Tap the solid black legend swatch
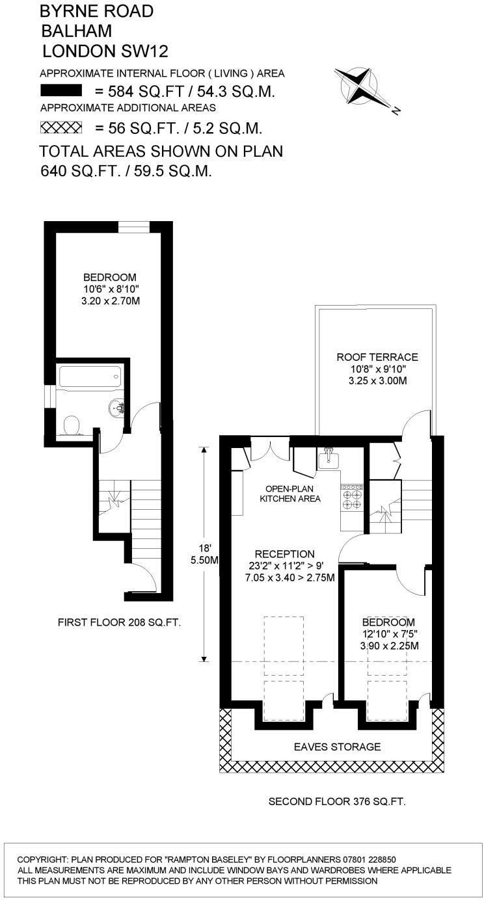tap(60, 90)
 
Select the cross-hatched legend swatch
tap(60, 127)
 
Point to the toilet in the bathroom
tap(72, 426)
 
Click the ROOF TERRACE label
tap(377, 357)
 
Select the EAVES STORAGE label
tap(336, 747)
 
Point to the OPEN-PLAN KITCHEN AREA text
tap(290, 494)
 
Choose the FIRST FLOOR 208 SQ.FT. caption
tap(119, 622)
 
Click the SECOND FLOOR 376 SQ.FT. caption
tap(337, 802)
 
